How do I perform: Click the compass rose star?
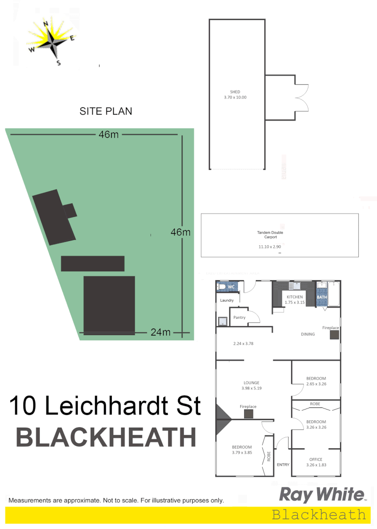(51, 41)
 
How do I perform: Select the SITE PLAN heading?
(106, 111)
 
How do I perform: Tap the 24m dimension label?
(160, 333)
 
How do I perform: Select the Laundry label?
(227, 300)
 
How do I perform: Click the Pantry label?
(239, 317)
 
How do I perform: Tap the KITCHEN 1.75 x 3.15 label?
(295, 299)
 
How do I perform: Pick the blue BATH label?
(322, 297)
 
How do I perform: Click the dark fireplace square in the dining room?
(334, 335)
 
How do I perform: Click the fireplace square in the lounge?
(249, 414)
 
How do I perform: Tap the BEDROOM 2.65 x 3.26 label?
(316, 381)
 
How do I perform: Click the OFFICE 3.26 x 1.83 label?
(316, 462)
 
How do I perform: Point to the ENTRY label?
(283, 465)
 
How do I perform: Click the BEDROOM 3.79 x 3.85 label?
(242, 450)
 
